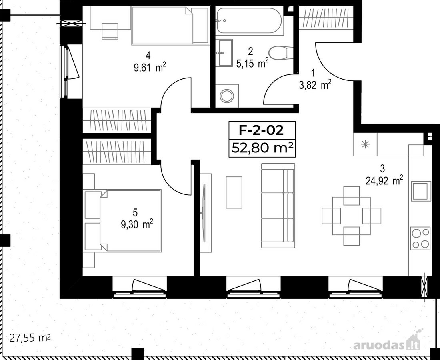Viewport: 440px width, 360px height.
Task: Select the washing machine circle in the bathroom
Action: tap(227, 96)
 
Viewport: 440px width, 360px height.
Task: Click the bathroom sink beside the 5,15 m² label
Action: tap(224, 53)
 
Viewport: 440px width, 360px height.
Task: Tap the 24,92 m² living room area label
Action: tap(384, 180)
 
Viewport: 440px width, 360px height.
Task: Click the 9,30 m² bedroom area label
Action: tap(137, 224)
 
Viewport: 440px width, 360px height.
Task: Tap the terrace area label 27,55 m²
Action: tap(30, 338)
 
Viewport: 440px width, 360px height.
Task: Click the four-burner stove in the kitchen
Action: tap(420, 238)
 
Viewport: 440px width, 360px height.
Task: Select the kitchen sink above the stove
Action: tap(421, 191)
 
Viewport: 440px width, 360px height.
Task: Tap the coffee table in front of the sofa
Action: tap(234, 192)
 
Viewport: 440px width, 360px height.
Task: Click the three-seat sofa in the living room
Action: tap(278, 205)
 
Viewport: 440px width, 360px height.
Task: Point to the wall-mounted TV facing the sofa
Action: tap(204, 213)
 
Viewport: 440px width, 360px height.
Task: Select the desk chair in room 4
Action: tap(110, 31)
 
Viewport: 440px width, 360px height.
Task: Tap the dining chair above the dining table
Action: tap(351, 196)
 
